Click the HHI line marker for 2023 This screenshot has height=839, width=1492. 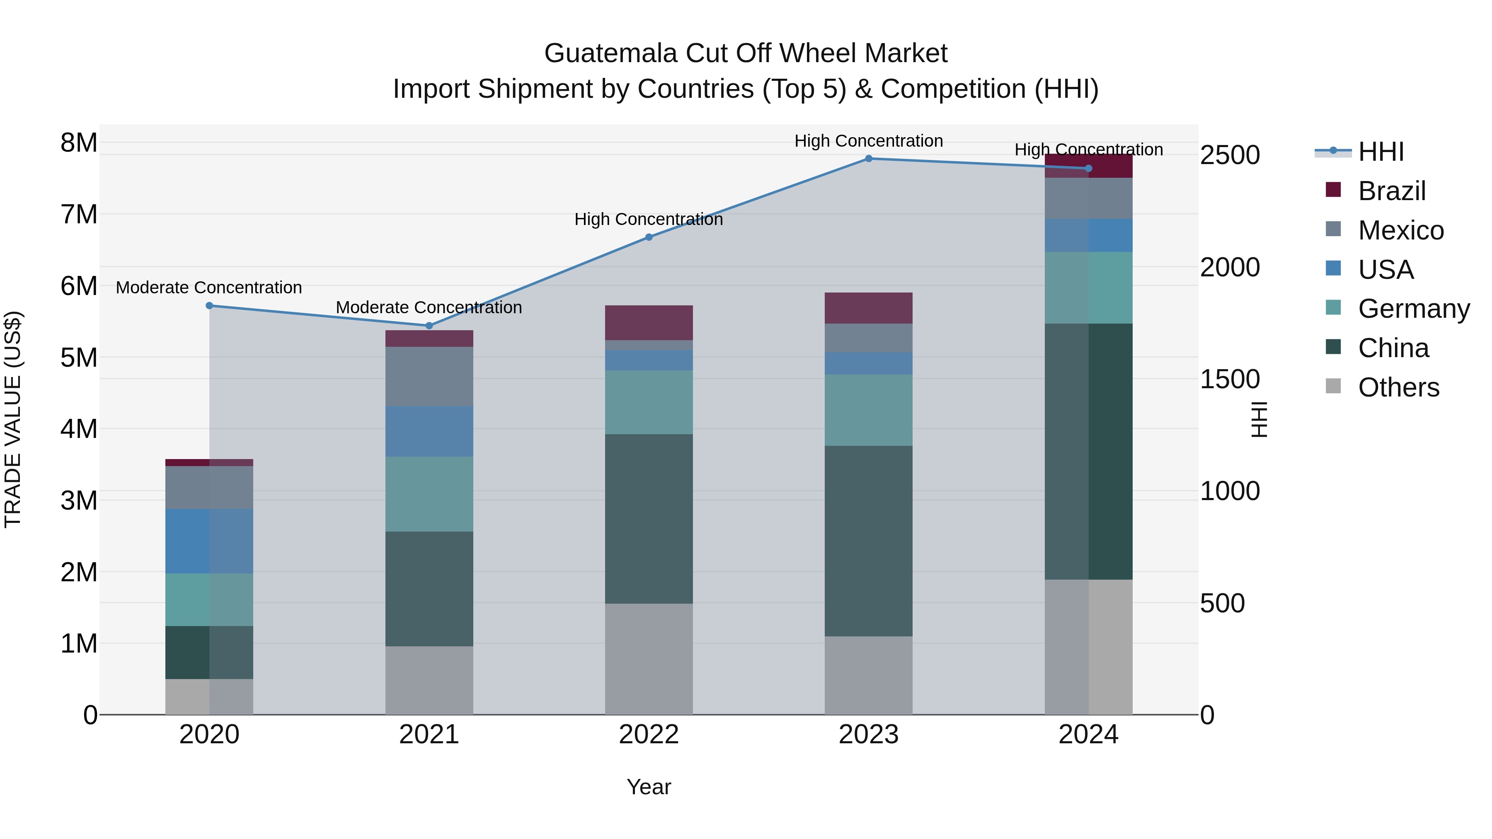868,159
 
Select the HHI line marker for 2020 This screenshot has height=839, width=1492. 210,306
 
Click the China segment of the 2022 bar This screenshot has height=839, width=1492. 649,519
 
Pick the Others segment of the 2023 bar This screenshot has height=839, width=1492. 868,675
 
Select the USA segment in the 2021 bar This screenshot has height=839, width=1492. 429,431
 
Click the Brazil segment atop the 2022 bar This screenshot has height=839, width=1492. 649,322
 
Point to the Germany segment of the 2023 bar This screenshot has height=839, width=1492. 868,410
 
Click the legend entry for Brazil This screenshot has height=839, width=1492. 1391,191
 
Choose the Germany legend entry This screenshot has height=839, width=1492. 1413,309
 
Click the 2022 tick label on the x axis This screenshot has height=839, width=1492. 649,735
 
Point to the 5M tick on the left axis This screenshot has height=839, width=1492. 79,357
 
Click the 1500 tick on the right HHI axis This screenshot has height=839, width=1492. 1230,379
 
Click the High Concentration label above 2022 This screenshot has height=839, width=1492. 649,220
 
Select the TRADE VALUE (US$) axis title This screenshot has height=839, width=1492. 13,419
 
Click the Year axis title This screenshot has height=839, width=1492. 649,787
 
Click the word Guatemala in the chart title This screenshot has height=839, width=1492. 610,53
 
